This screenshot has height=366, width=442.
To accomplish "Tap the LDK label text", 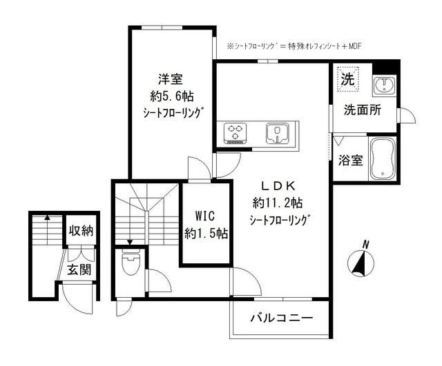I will (278, 185).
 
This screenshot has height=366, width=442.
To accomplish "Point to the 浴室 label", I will (350, 160).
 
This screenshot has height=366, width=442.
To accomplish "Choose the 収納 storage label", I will (81, 230).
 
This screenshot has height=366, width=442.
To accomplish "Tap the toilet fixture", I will (130, 264).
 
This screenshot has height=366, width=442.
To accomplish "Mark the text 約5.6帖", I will (169, 96).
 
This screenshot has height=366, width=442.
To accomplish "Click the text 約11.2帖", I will (278, 203).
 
